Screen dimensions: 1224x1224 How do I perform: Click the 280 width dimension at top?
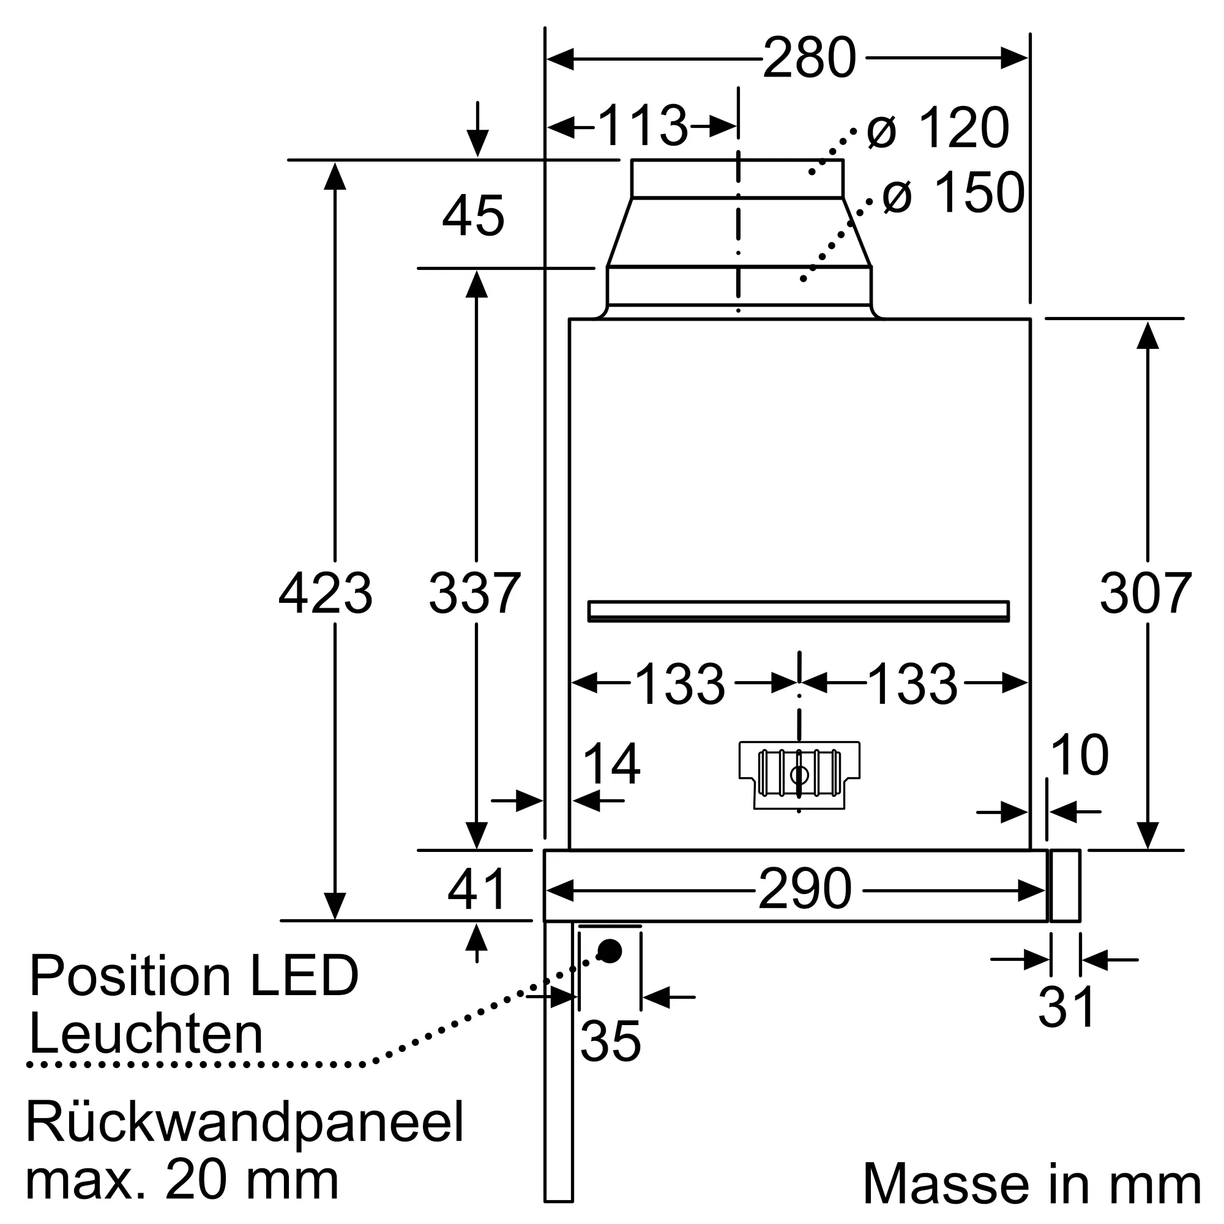click(x=809, y=58)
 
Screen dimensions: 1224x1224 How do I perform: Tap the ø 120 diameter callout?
click(x=938, y=129)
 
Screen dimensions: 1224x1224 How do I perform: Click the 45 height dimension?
click(x=473, y=216)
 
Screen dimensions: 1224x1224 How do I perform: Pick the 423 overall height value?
click(x=326, y=594)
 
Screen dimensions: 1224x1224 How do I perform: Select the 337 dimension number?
click(x=474, y=594)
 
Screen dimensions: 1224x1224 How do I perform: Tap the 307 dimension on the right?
click(x=1146, y=594)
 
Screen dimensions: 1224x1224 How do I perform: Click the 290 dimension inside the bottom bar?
click(x=805, y=889)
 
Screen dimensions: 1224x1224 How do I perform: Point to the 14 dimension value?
click(x=611, y=764)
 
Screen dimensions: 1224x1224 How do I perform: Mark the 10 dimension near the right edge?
click(x=1079, y=755)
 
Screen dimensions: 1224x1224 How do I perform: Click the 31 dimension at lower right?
click(x=1067, y=1007)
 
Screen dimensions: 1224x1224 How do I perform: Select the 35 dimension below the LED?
click(x=610, y=1041)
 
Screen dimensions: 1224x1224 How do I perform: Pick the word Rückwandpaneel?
click(x=245, y=1122)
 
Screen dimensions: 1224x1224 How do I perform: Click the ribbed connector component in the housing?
click(x=799, y=774)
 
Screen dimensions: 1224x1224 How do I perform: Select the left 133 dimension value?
click(x=680, y=684)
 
